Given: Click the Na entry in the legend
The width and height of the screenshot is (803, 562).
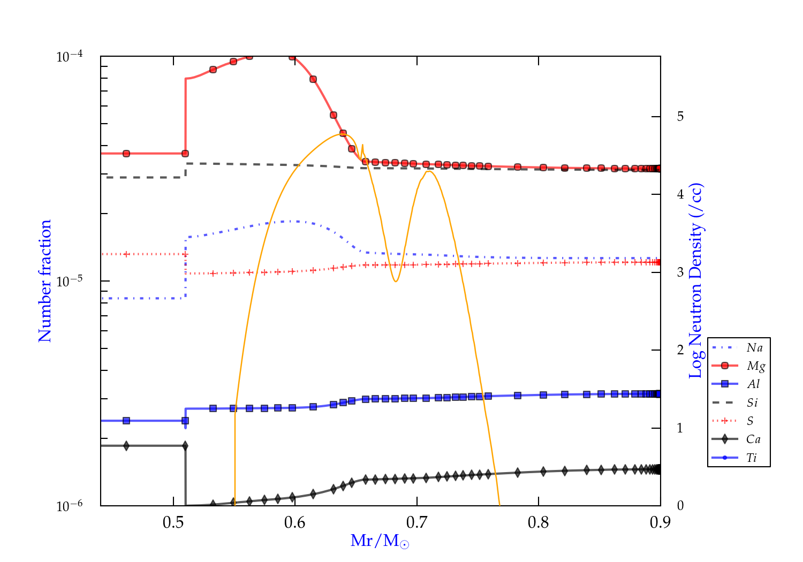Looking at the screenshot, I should click(x=754, y=348).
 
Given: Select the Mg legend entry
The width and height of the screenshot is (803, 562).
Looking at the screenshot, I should click(x=755, y=366).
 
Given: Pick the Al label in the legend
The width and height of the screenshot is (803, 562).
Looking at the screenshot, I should click(x=754, y=384).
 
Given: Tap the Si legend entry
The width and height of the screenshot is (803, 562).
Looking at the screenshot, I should click(x=752, y=402).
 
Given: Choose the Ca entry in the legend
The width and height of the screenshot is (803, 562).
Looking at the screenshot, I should click(x=753, y=439).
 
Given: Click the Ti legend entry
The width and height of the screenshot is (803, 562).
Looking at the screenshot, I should click(x=752, y=458).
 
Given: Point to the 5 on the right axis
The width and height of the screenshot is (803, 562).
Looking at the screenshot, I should click(x=680, y=117).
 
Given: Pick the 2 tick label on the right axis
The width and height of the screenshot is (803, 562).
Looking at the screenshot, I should click(x=680, y=350).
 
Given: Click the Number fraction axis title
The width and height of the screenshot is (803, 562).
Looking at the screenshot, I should click(x=45, y=281).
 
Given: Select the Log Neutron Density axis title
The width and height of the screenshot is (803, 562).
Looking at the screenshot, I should click(x=695, y=281).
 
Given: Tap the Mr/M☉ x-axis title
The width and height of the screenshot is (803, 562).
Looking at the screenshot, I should click(x=380, y=541).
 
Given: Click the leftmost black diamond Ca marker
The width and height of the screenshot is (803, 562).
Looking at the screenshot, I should click(x=126, y=446).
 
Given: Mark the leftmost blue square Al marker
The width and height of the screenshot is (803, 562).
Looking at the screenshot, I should click(x=126, y=421).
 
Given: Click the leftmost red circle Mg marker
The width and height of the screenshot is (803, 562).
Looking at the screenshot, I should click(x=126, y=154).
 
